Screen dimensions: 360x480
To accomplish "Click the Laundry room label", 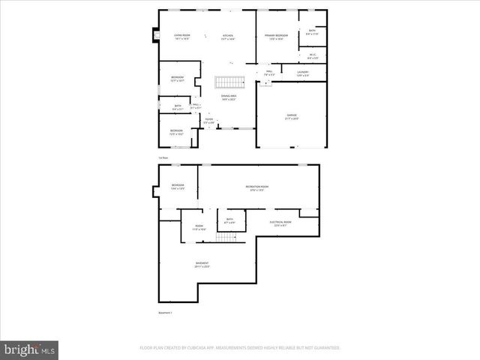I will click(x=302, y=73).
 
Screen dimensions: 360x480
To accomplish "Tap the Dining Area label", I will click(x=228, y=97).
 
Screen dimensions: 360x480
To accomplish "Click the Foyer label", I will click(x=208, y=120).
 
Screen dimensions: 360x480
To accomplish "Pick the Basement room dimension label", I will click(x=202, y=265).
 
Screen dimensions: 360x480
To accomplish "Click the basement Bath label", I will click(x=229, y=220).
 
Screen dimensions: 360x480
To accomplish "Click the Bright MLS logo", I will click(x=30, y=349).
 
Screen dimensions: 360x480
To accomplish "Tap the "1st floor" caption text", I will click(x=162, y=157).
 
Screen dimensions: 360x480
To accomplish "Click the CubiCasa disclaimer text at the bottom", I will click(x=240, y=348).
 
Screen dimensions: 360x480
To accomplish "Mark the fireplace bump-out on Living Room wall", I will click(x=155, y=35).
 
